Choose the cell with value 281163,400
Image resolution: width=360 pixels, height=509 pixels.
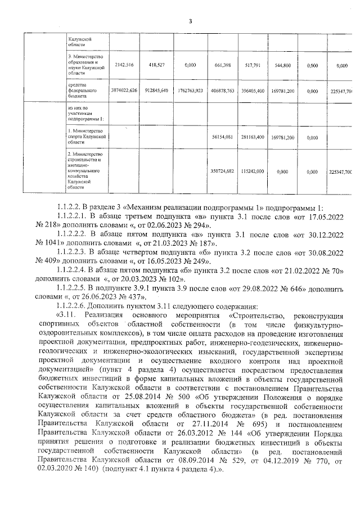point(252,137)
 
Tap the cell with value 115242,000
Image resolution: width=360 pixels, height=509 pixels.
point(252,171)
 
